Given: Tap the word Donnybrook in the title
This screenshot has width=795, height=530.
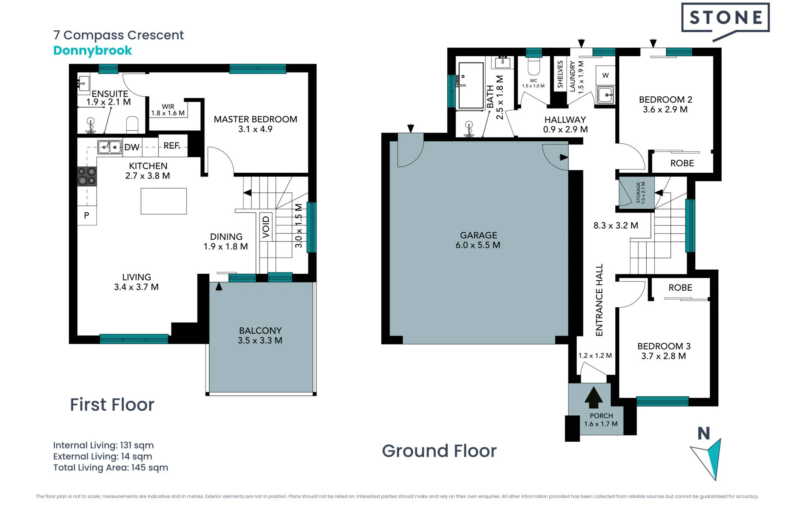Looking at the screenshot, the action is tap(93, 51).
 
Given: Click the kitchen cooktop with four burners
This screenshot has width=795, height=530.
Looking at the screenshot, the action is tap(87, 176).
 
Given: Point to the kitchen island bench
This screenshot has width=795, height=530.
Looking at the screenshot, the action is tap(164, 201).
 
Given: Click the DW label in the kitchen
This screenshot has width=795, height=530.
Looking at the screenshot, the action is tap(132, 147).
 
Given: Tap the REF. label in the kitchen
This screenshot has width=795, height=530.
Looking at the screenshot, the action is tap(172, 146).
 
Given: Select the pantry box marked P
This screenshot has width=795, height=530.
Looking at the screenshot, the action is tap(87, 215).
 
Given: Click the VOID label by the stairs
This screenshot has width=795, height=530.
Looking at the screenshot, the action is tap(266, 227).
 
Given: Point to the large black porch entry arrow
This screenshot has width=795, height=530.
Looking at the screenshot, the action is tap(593, 397).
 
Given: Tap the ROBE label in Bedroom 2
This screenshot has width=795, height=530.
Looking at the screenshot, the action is tap(682, 163).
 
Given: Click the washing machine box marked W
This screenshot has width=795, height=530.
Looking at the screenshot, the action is tap(605, 75).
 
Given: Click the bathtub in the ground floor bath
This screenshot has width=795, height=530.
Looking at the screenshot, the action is tap(471, 85).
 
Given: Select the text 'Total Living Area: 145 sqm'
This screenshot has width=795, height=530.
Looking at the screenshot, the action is tap(111, 467).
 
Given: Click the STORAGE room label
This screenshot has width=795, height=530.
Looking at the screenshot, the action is tap(638, 193).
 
